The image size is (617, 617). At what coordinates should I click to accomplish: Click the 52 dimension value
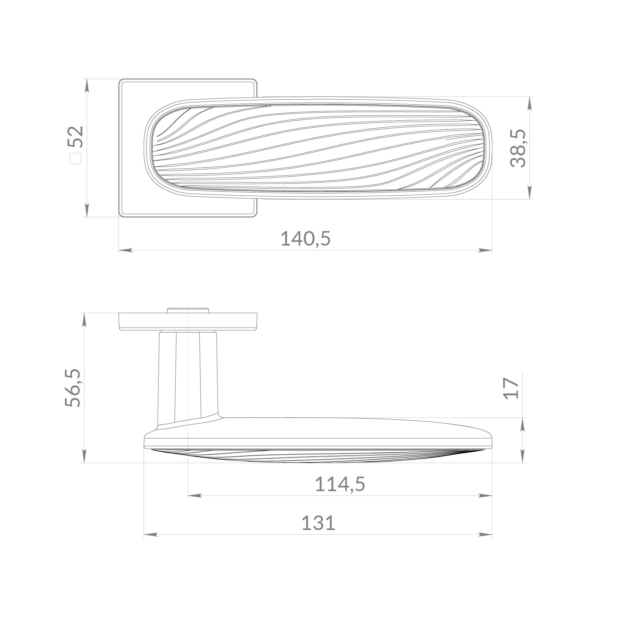point(76,137)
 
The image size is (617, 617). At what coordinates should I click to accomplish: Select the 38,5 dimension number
point(518,148)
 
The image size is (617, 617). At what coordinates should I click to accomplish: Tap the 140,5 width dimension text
point(305,239)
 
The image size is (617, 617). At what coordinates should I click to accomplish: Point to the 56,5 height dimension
point(72,388)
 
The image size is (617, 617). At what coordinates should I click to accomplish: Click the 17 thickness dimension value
point(511,388)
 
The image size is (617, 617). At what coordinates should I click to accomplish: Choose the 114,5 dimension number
point(340,484)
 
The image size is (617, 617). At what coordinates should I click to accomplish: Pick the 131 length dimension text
point(318,523)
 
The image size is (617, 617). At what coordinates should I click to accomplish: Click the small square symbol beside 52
point(76,158)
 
